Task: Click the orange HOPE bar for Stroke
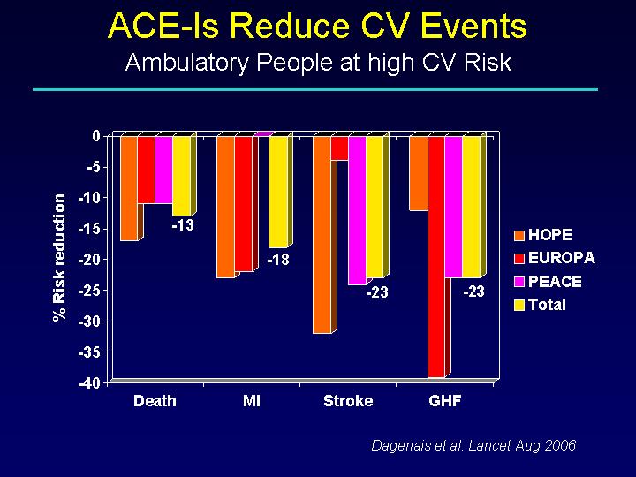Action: [322, 234]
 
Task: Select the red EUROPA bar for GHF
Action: [436, 257]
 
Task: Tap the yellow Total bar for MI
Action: [278, 192]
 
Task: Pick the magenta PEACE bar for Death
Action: [163, 170]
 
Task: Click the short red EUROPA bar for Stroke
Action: [339, 148]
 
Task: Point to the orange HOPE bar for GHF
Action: [419, 173]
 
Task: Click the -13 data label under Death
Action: [183, 225]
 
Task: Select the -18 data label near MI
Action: [278, 259]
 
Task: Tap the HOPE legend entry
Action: [543, 235]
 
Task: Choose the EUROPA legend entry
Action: [555, 258]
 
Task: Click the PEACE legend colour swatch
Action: [519, 282]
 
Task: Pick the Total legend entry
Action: [540, 305]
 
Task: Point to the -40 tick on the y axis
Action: [89, 383]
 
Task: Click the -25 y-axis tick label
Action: [89, 291]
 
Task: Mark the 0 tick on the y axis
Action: [96, 136]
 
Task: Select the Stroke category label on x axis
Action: [348, 401]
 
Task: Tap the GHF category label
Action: [445, 401]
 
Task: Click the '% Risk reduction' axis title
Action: [59, 258]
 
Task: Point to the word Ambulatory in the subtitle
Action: [187, 63]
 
